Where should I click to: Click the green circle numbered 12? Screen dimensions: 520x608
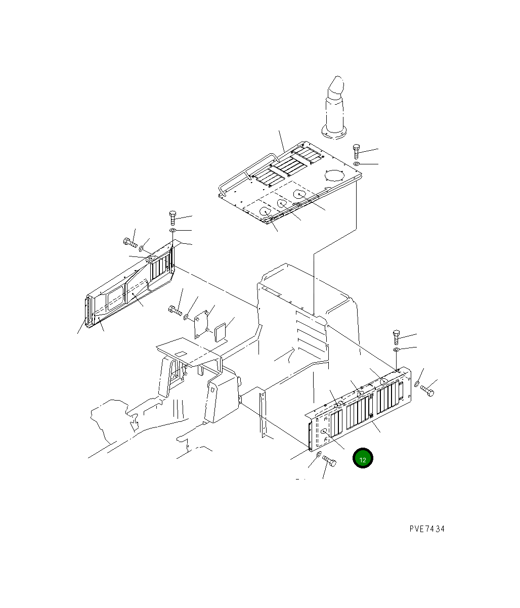point(362,458)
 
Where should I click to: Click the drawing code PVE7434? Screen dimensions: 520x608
point(427,529)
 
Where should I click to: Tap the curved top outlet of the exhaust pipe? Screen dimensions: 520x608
point(336,88)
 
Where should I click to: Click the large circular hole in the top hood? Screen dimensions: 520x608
point(334,176)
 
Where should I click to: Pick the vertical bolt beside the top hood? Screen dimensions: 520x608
point(356,151)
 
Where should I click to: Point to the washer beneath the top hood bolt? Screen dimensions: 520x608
point(356,163)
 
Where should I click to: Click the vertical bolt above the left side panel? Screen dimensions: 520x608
point(173,218)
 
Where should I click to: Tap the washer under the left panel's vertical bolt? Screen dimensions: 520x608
point(173,230)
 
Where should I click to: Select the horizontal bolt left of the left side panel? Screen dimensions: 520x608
point(131,243)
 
